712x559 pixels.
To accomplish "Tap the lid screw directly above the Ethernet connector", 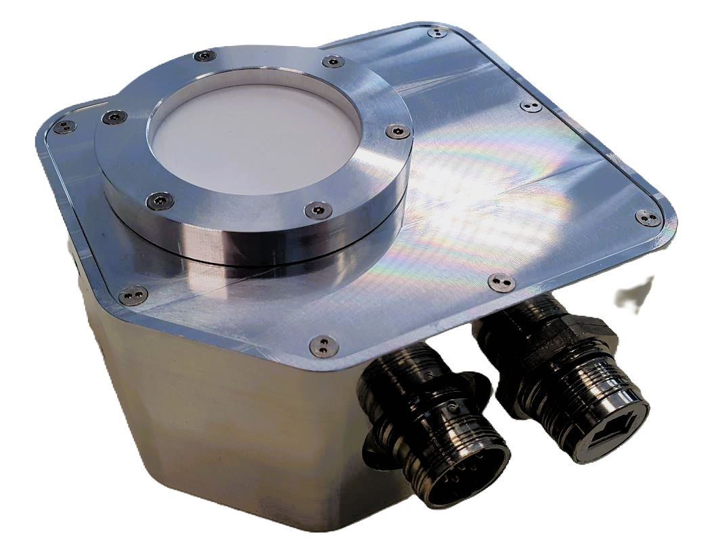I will coord(502,281).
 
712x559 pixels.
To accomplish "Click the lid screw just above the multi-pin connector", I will coord(324,345).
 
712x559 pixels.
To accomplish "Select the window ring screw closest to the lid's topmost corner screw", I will coord(332,62).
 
